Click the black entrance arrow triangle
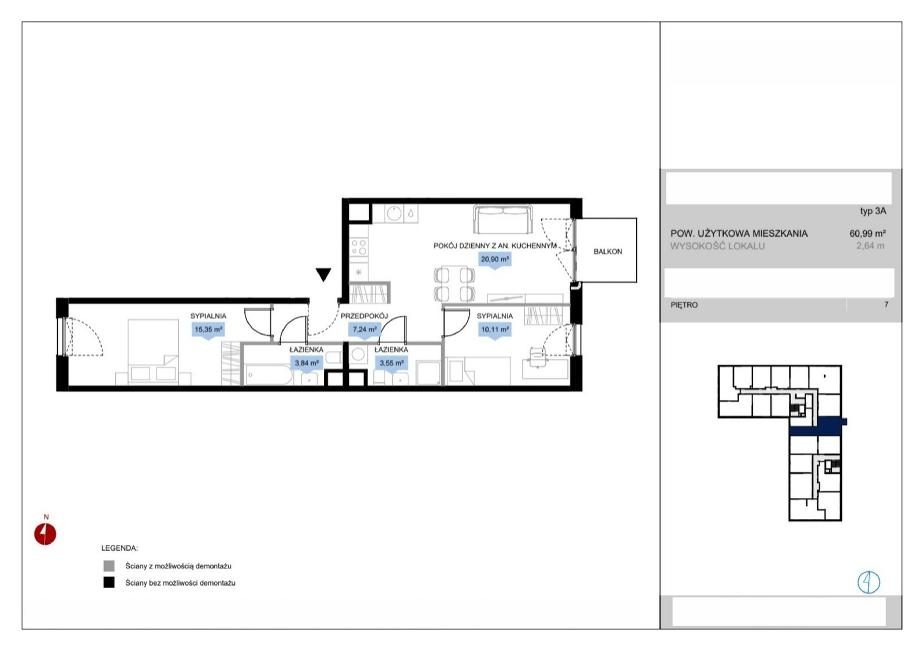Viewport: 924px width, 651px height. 323,275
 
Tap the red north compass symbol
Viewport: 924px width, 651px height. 45,534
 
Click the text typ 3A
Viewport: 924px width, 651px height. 873,211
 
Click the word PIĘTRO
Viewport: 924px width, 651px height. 684,305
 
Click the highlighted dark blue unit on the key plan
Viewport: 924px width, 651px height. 818,426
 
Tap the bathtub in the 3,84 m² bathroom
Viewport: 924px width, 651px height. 269,375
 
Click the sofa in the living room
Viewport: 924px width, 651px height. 502,219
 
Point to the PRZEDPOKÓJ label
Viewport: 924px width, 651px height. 364,316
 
